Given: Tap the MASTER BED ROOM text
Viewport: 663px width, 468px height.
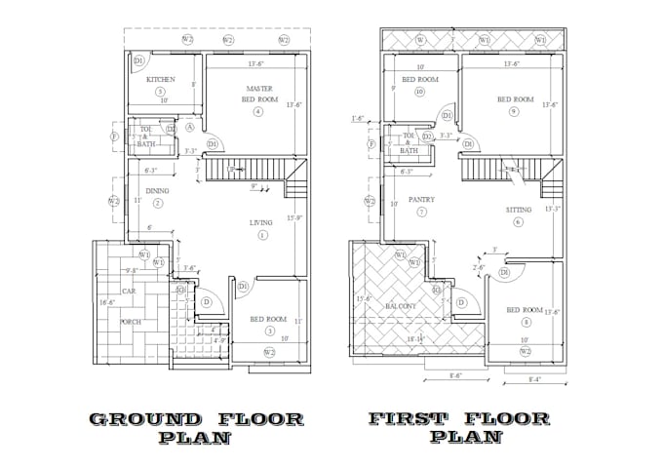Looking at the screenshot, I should coord(258,94).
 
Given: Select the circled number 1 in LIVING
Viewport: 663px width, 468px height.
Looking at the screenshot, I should coord(261,236).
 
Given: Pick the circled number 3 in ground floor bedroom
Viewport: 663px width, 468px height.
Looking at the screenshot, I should coord(269,331).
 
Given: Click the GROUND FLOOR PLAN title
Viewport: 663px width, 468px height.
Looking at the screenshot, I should coord(196,428).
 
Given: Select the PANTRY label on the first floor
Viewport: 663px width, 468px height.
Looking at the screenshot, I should coord(421,199).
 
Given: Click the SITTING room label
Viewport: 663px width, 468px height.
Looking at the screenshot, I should coord(519,209).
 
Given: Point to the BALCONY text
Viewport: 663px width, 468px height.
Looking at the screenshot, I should coord(401,305).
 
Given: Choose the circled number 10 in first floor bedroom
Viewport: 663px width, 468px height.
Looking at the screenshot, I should coord(419,93).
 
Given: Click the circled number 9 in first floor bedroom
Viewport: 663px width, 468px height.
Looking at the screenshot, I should coord(513,111).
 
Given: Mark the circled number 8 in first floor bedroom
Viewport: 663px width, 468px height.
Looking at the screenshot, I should coord(526,322).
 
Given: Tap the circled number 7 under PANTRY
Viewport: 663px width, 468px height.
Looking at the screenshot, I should coord(421,212).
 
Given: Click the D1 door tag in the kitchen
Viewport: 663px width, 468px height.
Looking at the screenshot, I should coord(138,60).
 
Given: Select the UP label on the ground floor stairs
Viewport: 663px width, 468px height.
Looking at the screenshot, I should coord(231,170).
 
